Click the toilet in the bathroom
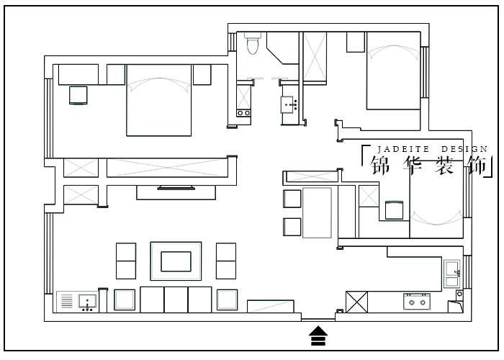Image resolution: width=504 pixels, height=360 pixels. coord(253,43)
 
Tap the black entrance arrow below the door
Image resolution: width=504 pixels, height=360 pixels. coord(318,336)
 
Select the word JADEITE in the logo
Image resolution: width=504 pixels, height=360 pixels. coord(403,149)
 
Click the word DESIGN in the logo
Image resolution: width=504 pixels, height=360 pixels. coord(464,149)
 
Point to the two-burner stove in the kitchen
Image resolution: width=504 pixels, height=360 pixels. coord(417,302)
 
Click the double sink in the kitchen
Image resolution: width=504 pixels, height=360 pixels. coord(452,274)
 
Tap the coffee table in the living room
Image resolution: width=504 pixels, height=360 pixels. coord(176,261)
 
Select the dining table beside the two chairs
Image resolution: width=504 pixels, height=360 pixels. coord(317,213)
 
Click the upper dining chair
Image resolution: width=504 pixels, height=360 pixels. coord(292,199)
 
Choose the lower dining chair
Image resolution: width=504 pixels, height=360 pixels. coord(292,227)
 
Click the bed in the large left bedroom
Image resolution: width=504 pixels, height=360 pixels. coord(159,100)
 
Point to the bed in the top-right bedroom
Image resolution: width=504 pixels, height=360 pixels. coord(394,71)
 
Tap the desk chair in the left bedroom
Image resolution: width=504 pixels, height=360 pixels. coord(78,95)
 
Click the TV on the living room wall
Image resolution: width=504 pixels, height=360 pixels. coord(176,188)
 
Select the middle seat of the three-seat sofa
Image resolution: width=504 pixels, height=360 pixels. coord(176,300)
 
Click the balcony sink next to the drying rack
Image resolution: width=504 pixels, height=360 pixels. coord(87,302)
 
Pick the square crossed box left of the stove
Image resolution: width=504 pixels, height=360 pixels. coord(357,302)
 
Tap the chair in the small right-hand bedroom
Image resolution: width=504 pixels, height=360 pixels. coord(394,210)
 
